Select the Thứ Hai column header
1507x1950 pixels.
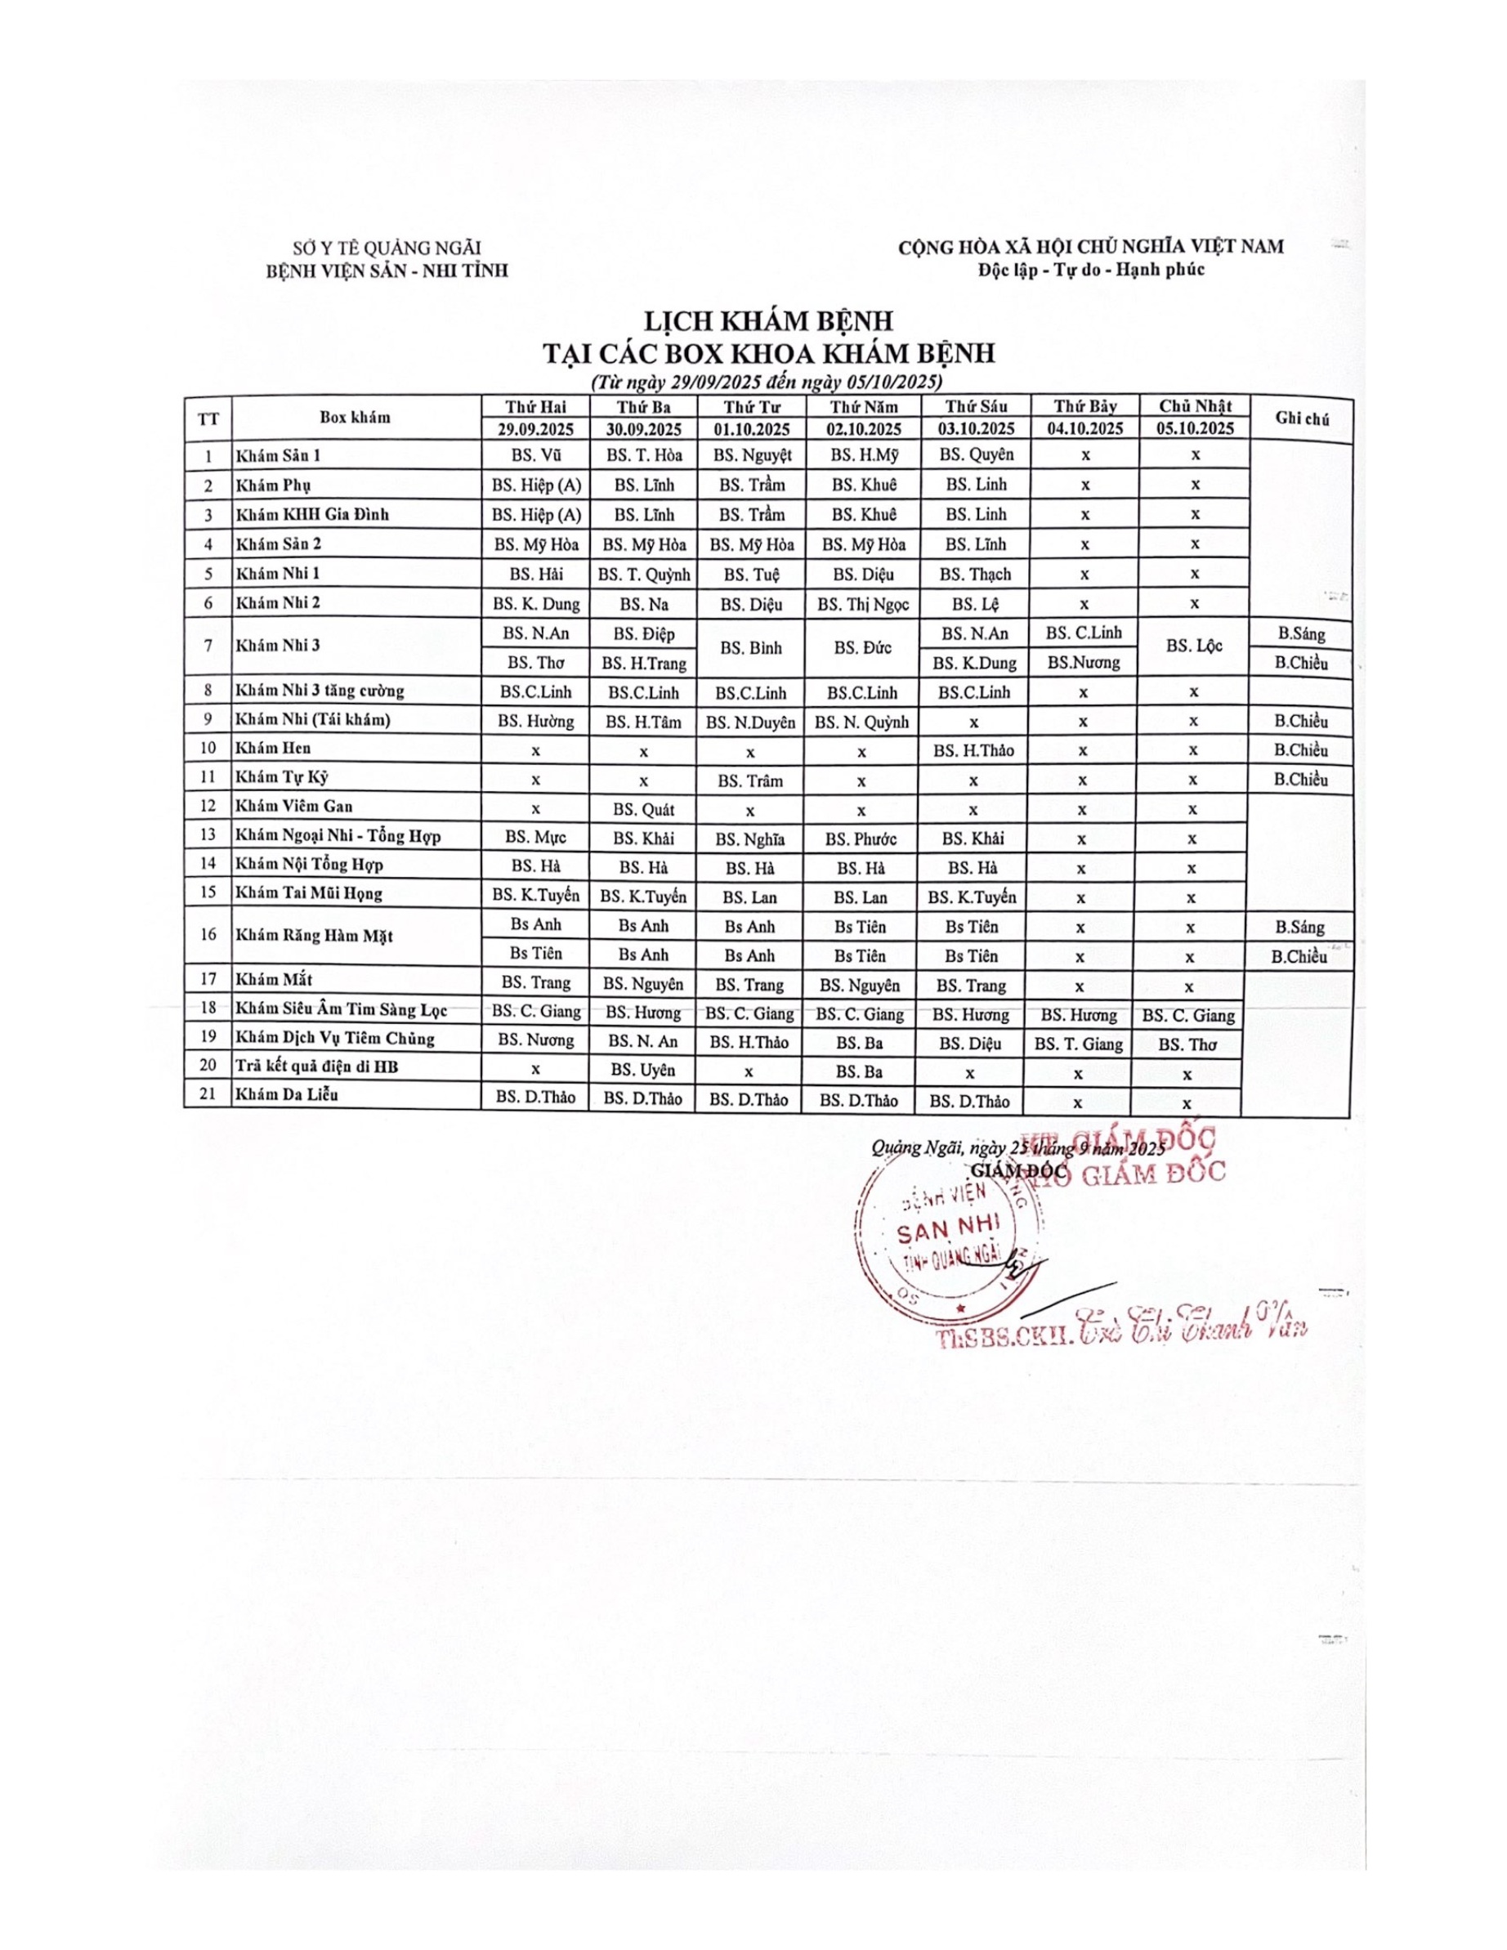(x=535, y=406)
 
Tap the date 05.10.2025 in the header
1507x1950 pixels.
(x=1196, y=427)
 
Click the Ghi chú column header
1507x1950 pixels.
(x=1303, y=417)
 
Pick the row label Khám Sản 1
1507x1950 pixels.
(x=279, y=455)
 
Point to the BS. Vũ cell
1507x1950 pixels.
(x=535, y=454)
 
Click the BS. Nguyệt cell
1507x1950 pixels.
(x=752, y=454)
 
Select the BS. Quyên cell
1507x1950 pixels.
(x=976, y=454)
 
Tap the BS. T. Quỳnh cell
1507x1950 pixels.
(x=644, y=574)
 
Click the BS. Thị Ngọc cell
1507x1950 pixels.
(x=862, y=604)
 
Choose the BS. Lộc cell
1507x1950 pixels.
(x=1195, y=646)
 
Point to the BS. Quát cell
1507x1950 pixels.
(x=644, y=810)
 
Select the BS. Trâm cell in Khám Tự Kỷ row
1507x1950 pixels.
(x=752, y=780)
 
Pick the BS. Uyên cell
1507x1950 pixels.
(x=643, y=1070)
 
